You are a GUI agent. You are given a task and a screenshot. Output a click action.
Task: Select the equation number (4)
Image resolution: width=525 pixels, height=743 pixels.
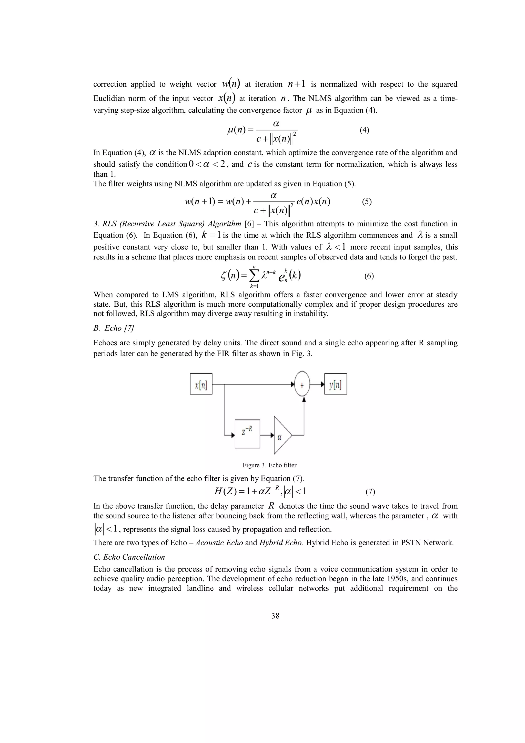pyautogui.click(x=364, y=130)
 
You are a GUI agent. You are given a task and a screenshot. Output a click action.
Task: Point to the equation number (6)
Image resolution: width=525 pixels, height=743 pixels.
pyautogui.click(x=369, y=276)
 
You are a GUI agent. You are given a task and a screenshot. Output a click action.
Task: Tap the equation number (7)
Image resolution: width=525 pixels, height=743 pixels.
pyautogui.click(x=370, y=492)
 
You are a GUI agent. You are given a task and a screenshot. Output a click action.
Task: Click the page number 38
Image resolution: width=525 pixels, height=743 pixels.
pyautogui.click(x=275, y=616)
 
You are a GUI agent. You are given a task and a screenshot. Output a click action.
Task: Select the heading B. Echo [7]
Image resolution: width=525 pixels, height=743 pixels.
pyautogui.click(x=114, y=328)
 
